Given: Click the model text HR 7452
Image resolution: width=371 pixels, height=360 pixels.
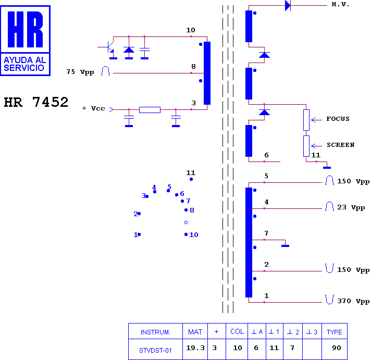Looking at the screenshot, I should pyautogui.click(x=36, y=102).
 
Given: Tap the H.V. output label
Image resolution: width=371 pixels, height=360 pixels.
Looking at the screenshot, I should pyautogui.click(x=341, y=5).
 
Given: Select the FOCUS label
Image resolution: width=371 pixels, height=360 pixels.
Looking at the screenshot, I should pyautogui.click(x=338, y=119).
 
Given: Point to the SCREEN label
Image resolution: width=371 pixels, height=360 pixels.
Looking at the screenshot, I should pyautogui.click(x=340, y=145).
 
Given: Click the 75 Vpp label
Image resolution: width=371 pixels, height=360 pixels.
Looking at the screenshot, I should pyautogui.click(x=80, y=72).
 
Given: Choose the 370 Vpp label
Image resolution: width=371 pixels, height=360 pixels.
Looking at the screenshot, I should pyautogui.click(x=353, y=301).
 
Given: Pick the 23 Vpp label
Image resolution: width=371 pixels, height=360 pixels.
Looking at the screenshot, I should pyautogui.click(x=351, y=207).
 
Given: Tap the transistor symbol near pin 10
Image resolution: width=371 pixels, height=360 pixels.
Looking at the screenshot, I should pyautogui.click(x=110, y=47).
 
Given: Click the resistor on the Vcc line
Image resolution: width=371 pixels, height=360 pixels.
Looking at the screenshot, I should pyautogui.click(x=150, y=110).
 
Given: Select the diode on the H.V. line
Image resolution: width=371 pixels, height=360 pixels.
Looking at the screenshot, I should pyautogui.click(x=288, y=5).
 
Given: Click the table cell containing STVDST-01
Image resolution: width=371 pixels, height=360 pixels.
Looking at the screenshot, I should pyautogui.click(x=155, y=350).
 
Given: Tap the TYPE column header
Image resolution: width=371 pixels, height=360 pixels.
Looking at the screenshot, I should pyautogui.click(x=335, y=332).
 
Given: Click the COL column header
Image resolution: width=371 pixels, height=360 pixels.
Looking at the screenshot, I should pyautogui.click(x=237, y=332).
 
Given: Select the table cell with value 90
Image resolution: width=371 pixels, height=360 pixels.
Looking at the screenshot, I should pyautogui.click(x=336, y=347).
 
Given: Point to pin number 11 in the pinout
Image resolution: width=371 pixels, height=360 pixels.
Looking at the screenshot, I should pyautogui.click(x=191, y=173).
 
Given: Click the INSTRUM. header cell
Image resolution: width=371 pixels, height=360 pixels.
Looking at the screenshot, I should pyautogui.click(x=155, y=332).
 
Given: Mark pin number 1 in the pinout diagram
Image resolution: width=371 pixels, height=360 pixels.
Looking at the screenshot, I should pyautogui.click(x=135, y=235).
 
